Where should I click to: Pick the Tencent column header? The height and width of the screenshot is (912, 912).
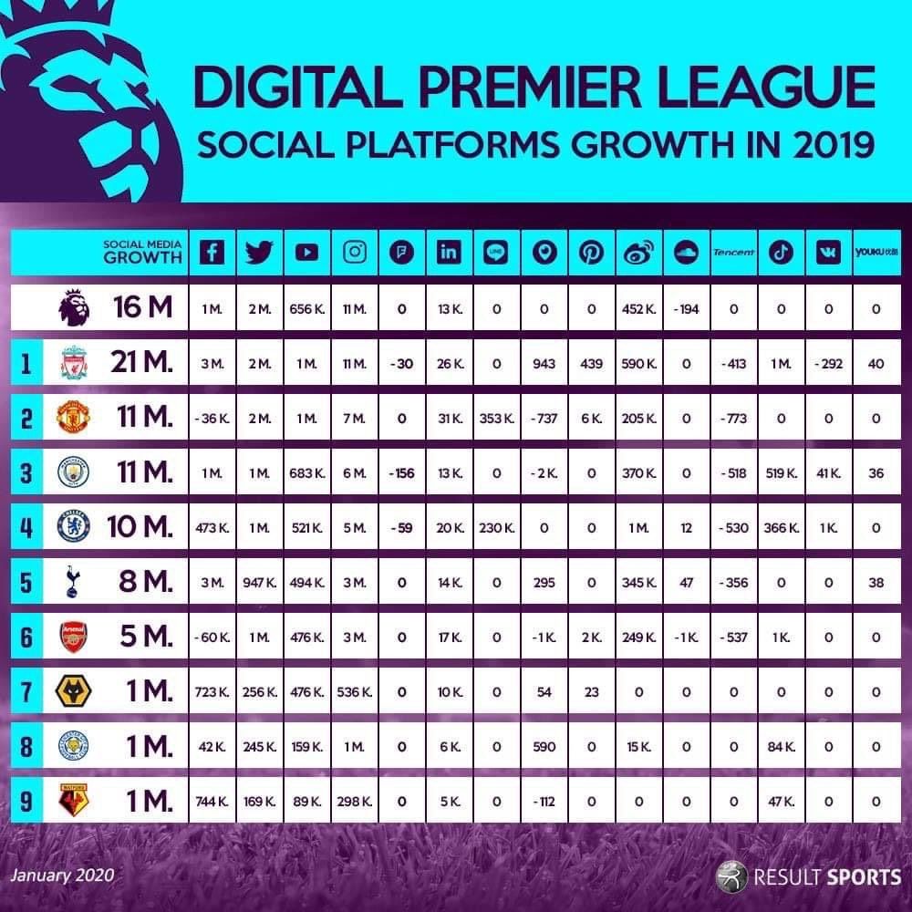(x=733, y=253)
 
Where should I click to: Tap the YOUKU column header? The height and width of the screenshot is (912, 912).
(x=876, y=253)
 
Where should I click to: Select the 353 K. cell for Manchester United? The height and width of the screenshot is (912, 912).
(x=496, y=419)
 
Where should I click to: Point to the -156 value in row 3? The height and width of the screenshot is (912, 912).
(x=401, y=473)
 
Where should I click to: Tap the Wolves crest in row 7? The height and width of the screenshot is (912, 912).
(x=70, y=693)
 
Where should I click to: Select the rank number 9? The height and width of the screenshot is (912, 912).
(x=27, y=803)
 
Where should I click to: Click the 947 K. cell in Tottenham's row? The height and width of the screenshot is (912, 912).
(x=259, y=583)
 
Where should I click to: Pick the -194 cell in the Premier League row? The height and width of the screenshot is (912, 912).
(x=686, y=309)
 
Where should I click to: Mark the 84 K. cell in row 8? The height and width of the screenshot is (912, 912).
(x=781, y=747)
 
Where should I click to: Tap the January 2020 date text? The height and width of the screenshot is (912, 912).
(x=62, y=876)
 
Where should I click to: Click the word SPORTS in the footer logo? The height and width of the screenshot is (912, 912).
(x=864, y=878)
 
